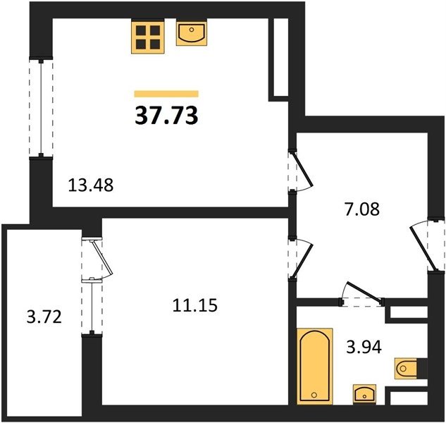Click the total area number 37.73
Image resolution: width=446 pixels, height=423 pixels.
pos(166,116)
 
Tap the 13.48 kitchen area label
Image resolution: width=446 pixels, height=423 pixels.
pos(91,185)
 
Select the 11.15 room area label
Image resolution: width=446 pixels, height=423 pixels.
pos(195,305)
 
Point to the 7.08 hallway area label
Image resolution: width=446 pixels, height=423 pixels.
pos(362,209)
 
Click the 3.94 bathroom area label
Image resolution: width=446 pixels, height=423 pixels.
pos(364,347)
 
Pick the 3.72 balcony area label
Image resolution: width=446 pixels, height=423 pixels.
pos(44,317)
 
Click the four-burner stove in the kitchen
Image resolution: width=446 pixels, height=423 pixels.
pos(148,37)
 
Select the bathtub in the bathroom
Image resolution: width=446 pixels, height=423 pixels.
pos(315,366)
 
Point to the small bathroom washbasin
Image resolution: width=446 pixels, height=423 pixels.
pos(365,393)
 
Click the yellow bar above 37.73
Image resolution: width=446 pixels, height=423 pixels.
pos(166,94)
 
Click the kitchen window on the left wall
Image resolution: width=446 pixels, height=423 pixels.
pos(42,108)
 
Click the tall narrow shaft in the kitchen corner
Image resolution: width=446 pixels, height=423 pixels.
pos(280,57)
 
